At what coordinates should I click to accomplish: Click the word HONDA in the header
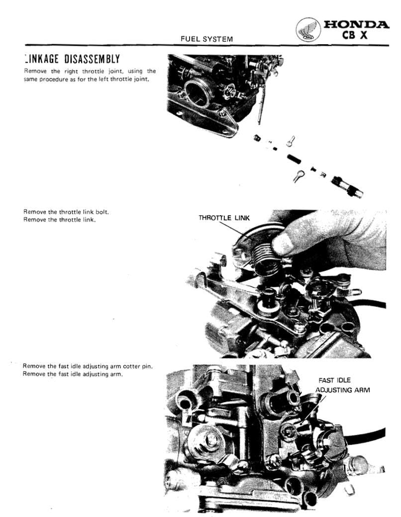pyautogui.click(x=356, y=25)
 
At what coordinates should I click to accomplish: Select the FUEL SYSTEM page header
pyautogui.click(x=206, y=38)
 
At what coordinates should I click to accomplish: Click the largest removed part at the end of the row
pyautogui.click(x=346, y=185)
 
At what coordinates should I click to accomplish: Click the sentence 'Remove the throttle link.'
pyautogui.click(x=59, y=220)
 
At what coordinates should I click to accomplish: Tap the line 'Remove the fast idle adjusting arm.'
pyautogui.click(x=73, y=374)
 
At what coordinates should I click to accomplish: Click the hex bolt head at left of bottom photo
pyautogui.click(x=209, y=438)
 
